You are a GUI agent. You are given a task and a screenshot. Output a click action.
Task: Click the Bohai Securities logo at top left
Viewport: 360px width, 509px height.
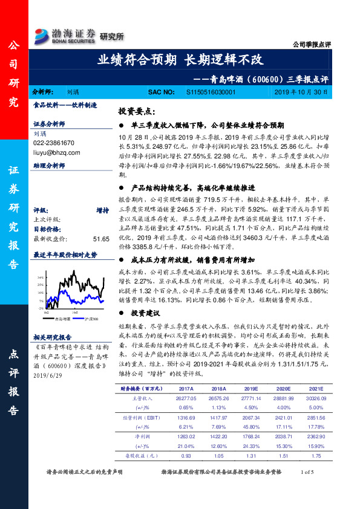pyautogui.click(x=66, y=33)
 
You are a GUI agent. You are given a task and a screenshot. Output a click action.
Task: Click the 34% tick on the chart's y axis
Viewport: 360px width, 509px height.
pyautogui.click(x=41, y=277)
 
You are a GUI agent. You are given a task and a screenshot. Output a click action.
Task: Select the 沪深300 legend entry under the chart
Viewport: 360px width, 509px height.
pyautogui.click(x=95, y=317)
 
